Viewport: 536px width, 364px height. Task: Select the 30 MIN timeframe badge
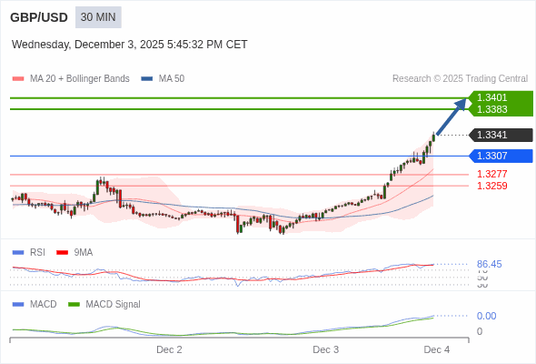97,17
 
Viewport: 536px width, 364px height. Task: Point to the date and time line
129,45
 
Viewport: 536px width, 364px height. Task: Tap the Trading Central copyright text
460,78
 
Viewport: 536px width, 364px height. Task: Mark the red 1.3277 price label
492,174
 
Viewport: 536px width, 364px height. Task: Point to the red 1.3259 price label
492,186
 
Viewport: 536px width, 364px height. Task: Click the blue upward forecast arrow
452,116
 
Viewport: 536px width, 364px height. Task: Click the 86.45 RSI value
490,264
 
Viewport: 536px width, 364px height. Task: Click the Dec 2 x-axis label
169,349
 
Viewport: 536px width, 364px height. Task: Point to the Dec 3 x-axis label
325,349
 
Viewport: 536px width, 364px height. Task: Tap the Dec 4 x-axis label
437,349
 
